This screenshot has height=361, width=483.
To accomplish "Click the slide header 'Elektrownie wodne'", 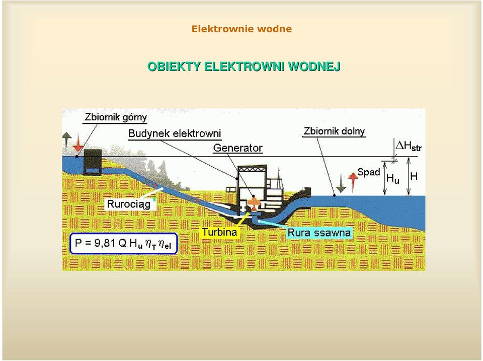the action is tap(242, 29).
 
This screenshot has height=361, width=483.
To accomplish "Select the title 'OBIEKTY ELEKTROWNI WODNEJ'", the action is tap(244, 66).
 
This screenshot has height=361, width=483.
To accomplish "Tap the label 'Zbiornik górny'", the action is tap(116, 117).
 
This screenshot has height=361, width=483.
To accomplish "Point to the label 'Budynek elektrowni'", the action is tap(175, 133).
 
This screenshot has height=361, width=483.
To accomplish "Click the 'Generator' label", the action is tap(238, 148).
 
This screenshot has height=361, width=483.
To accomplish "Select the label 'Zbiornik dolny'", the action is tap(334, 131).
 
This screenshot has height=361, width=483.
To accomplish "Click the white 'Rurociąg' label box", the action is tap(129, 204).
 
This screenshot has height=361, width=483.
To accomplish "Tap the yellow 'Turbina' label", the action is tap(219, 232).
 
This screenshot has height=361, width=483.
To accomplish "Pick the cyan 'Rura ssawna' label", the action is tap(319, 233).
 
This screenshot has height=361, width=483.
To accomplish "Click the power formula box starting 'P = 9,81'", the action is tap(124, 244).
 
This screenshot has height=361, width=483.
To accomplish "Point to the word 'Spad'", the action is tap(368, 172).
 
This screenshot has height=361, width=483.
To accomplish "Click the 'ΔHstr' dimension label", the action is tap(409, 146).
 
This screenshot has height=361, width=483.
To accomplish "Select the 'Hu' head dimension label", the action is tap(393, 178).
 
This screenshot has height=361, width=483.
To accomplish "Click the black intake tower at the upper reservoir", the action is tap(93, 162).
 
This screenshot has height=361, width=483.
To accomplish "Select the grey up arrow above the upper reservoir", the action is tap(66, 141).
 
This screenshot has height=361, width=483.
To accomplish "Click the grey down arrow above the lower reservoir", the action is tap(341, 183).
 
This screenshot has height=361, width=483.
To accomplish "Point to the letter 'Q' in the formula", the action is tap(122, 243).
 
